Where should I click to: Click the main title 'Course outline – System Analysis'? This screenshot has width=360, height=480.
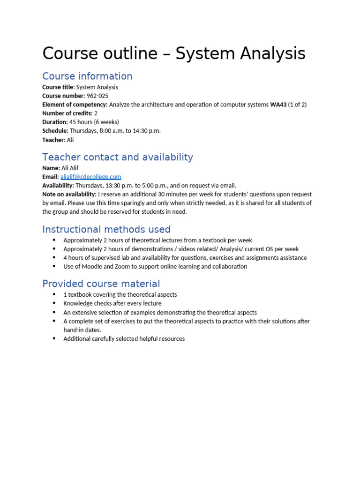pyautogui.click(x=174, y=54)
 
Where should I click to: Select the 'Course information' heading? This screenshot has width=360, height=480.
pyautogui.click(x=87, y=76)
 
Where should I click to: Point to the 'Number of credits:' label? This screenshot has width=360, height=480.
pyautogui.click(x=67, y=113)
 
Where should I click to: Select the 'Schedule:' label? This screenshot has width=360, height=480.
pyautogui.click(x=55, y=131)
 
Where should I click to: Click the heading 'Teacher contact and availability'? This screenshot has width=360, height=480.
pyautogui.click(x=117, y=157)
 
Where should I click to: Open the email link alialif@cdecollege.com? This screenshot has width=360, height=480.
pyautogui.click(x=90, y=177)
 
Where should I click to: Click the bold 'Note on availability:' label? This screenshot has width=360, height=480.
pyautogui.click(x=69, y=194)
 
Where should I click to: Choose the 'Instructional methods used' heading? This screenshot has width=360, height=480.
pyautogui.click(x=106, y=230)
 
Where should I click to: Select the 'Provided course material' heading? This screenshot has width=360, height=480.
pyautogui.click(x=101, y=284)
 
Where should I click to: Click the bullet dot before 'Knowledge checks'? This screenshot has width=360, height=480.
pyautogui.click(x=54, y=303)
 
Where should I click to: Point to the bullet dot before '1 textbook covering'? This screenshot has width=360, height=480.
pyautogui.click(x=54, y=294)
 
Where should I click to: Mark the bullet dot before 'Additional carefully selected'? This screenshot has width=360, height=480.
pyautogui.click(x=54, y=338)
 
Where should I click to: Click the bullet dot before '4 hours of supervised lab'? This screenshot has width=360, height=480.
pyautogui.click(x=54, y=258)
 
